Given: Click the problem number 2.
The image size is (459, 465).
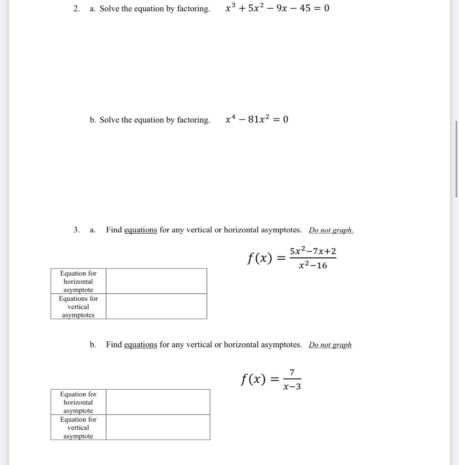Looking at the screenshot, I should tap(76, 9).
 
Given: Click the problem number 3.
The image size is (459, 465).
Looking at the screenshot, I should tap(76, 230).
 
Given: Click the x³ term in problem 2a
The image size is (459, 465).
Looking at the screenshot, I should tap(230, 8).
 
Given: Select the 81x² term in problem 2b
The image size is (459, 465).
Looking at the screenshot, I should tap(259, 119).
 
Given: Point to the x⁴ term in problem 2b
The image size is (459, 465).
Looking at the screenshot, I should tap(231, 119).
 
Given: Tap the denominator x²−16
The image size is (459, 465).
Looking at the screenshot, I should tap(313, 266).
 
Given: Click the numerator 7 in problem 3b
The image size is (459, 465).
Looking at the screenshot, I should tap(292, 373).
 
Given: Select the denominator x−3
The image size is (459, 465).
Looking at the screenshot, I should tap(292, 387).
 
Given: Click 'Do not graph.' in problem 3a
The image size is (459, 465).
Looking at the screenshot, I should tap(331, 230).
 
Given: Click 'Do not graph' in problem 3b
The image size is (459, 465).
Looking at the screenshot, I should tap(330, 345).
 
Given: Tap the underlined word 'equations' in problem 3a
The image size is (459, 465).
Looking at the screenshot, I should tap(140, 230).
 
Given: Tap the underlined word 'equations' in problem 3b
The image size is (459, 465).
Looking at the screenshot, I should tap(140, 345).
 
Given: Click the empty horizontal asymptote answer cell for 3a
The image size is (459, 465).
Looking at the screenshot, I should tap(156, 281).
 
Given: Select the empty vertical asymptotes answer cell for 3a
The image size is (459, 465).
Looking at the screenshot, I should tap(156, 307).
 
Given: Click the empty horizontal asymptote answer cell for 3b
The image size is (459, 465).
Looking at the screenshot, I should tap(158, 402).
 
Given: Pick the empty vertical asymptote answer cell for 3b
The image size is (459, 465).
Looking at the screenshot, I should tap(158, 427).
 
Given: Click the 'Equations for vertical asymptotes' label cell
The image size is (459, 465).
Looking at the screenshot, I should tap(78, 307).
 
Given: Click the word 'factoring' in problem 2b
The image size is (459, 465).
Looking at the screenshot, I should tap(193, 120).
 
